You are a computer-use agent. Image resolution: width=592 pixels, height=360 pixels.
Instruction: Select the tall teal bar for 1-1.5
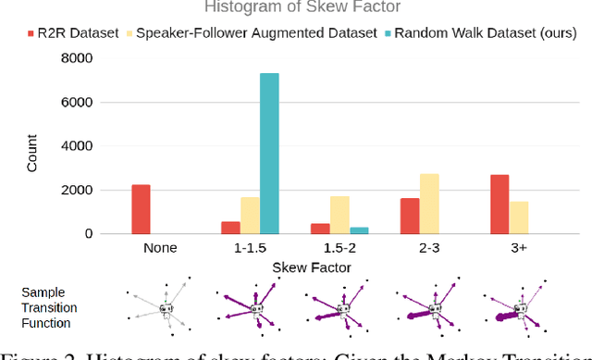click(x=269, y=154)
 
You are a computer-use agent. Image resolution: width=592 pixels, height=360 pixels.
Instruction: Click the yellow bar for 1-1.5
click(x=250, y=215)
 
